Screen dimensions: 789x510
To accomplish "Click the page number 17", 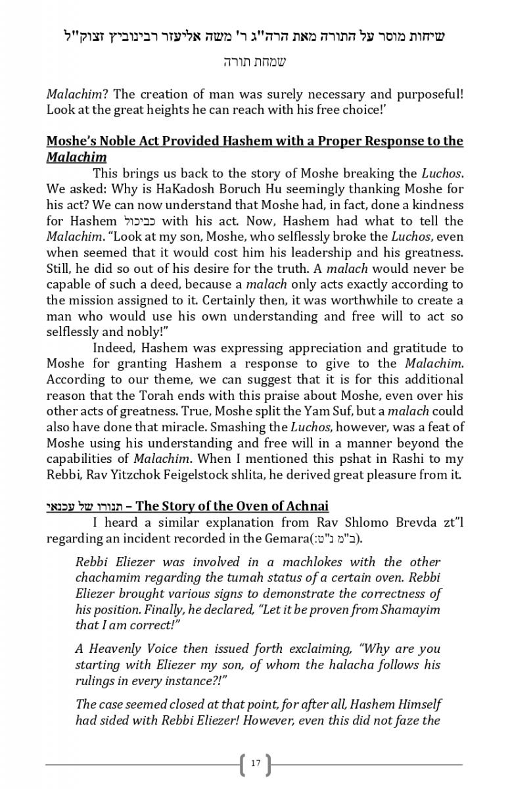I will point(256,763).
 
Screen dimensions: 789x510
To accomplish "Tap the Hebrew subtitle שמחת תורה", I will point(255,62).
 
